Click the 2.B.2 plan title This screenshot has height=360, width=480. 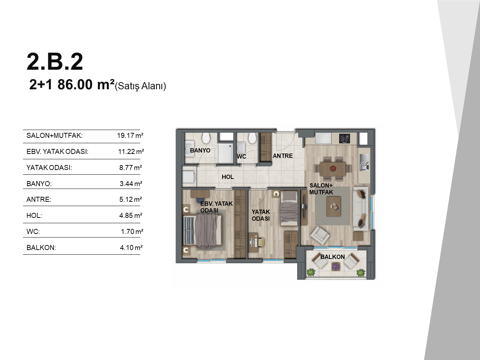55,61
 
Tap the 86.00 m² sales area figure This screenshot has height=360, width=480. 86,85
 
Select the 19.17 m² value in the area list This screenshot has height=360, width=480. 130,135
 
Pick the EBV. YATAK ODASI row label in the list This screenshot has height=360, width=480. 57,151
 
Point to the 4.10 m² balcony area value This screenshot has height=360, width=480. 131,247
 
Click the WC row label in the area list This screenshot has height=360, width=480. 33,231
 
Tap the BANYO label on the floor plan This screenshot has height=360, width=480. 200,150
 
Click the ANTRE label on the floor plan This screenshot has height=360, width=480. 282,156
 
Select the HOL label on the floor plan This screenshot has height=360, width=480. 227,177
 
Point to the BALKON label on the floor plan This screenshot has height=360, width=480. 332,257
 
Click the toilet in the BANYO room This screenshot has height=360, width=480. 206,138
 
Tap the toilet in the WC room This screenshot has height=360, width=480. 252,138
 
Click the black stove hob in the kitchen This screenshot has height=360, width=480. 344,139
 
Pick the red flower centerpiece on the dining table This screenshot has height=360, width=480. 333,168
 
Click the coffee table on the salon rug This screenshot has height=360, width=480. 334,206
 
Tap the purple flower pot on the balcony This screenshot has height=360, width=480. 335,266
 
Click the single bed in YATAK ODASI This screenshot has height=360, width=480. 289,208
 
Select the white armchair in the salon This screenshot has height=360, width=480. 320,236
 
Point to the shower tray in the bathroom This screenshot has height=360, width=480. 225,153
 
